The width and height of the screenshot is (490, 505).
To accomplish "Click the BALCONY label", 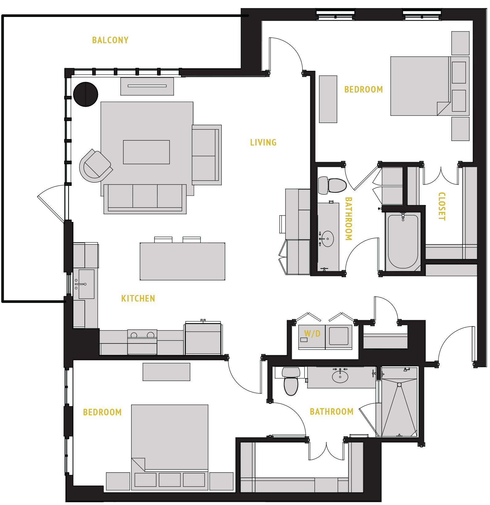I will (110, 40).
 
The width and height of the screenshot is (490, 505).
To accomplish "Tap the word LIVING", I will (263, 142).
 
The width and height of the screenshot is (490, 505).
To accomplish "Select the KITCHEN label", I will (138, 298).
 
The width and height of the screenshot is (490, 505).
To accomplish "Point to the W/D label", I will (312, 334).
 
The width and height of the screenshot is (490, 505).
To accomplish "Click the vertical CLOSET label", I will (442, 206).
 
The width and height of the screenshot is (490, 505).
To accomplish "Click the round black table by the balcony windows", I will (86, 94).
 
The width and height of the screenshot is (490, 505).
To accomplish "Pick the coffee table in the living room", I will (146, 152).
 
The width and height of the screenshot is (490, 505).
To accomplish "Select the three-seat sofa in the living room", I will (145, 198).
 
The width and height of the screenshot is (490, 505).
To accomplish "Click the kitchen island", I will (182, 261).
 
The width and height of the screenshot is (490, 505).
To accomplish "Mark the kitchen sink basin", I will (86, 284).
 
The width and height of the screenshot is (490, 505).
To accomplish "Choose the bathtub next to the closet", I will (403, 241).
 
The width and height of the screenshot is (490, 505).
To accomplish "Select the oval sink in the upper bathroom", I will (328, 239).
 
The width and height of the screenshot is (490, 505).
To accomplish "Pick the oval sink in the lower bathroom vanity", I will (340, 376).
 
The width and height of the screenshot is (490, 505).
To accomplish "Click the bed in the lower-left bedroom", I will (170, 441).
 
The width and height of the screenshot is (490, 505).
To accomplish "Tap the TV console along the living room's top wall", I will (147, 86).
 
